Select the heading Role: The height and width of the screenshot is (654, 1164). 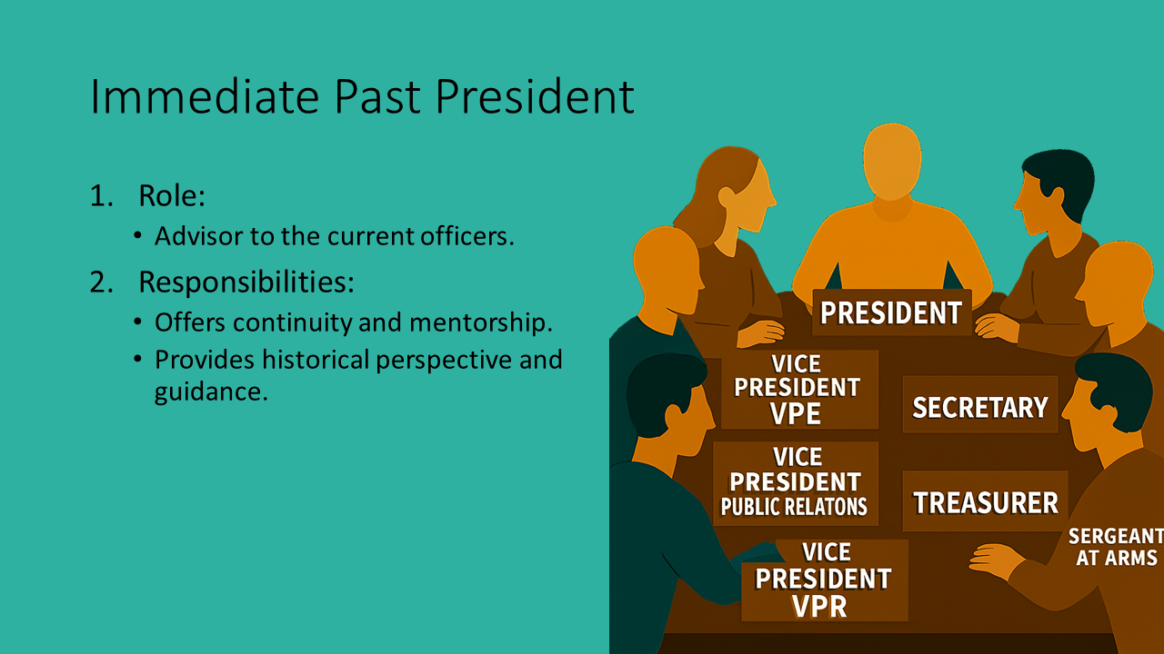(172, 195)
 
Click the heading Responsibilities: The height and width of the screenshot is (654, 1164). (246, 282)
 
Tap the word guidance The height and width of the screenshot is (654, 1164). (211, 392)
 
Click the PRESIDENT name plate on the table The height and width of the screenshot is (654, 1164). (892, 312)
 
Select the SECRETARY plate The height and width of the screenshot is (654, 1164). (980, 406)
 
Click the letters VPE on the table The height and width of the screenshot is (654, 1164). (796, 414)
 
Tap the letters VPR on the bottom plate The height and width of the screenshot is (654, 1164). (819, 606)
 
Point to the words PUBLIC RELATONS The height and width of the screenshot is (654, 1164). (794, 507)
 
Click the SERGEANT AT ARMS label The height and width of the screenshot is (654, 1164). (1116, 547)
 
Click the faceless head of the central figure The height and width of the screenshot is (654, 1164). (892, 162)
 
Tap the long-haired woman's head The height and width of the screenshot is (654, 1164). (738, 192)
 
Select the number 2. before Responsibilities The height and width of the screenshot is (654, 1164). (101, 282)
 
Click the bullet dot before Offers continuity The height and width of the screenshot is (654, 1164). (137, 322)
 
